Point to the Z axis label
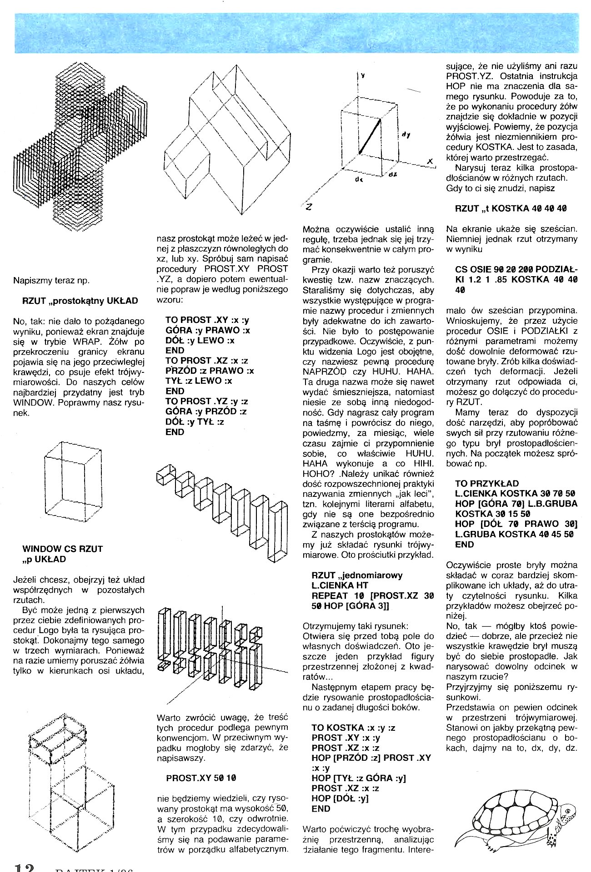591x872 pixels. point(309,207)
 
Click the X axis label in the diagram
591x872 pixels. point(429,162)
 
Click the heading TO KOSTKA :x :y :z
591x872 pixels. point(353,728)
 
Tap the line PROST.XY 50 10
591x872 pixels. point(201,778)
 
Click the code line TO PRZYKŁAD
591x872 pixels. point(486,483)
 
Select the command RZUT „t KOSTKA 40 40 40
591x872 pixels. point(511,209)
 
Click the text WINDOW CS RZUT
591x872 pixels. point(63,549)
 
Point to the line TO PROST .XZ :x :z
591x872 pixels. point(207,361)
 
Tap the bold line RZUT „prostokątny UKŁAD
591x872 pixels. point(80,301)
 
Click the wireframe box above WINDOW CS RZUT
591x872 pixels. point(72,482)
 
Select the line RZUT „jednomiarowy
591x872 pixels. point(357,575)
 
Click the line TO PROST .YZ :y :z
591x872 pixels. point(207,401)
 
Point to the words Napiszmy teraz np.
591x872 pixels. point(51,280)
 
